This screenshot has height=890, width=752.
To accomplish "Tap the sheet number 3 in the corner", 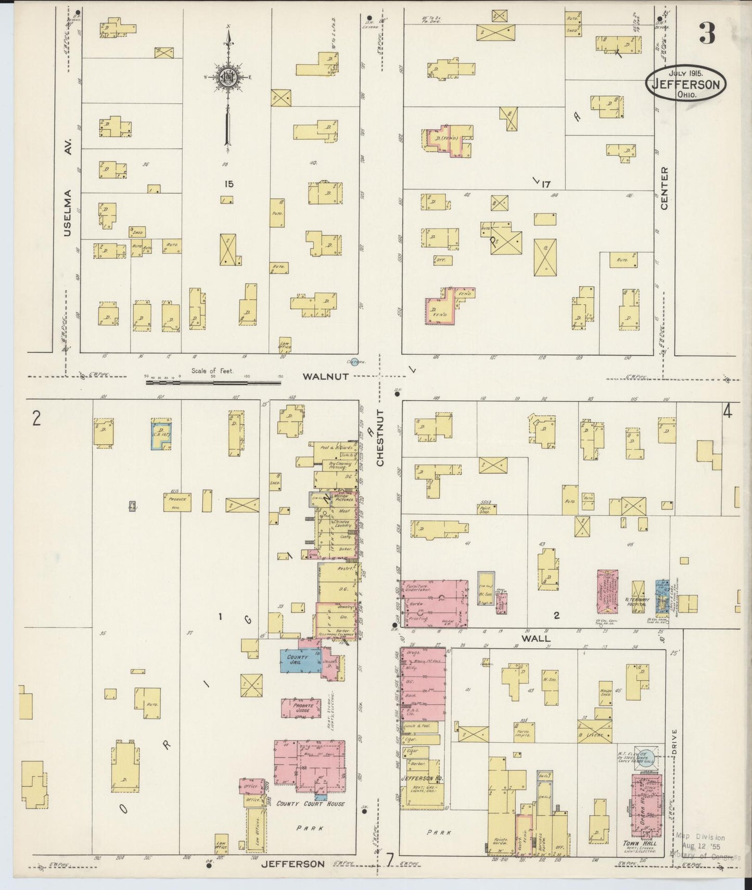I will (x=707, y=34).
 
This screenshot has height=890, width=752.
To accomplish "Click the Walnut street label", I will (x=326, y=376).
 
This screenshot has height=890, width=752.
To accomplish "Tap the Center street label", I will (x=664, y=188).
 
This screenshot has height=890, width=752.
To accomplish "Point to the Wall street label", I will (x=537, y=638).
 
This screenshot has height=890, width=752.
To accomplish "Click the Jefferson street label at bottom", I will (x=292, y=864).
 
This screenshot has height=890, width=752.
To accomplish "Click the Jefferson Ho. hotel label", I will (x=417, y=778).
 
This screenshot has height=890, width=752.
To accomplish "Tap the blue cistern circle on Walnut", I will (x=354, y=363).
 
